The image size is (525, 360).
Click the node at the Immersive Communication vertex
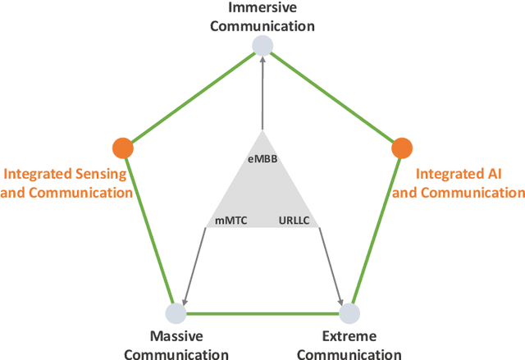(x=262, y=46)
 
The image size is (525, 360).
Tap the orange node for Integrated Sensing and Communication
(x=122, y=148)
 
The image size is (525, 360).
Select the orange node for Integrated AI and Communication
(x=401, y=148)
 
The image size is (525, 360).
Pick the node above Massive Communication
(x=176, y=312)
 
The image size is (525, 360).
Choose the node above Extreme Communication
(x=349, y=312)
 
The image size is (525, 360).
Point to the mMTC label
(x=231, y=220)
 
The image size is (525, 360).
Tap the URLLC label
(x=294, y=220)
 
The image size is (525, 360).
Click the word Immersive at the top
(x=262, y=9)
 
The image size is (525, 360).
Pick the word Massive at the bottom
(x=177, y=336)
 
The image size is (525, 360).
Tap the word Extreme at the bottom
(x=349, y=336)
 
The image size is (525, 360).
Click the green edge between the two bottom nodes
(x=262, y=312)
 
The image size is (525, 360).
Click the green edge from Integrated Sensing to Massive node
(x=148, y=230)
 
